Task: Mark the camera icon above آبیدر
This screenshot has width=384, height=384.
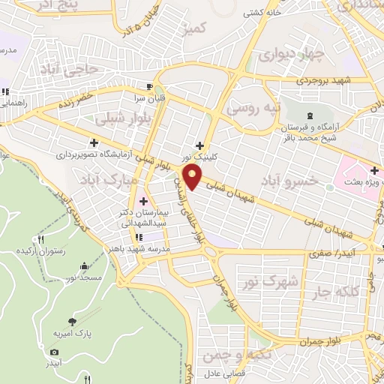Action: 54,352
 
